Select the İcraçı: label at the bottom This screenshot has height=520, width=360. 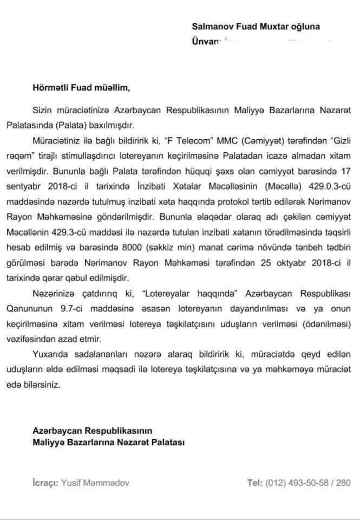point(45,483)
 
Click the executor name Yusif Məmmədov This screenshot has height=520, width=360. point(95,483)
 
